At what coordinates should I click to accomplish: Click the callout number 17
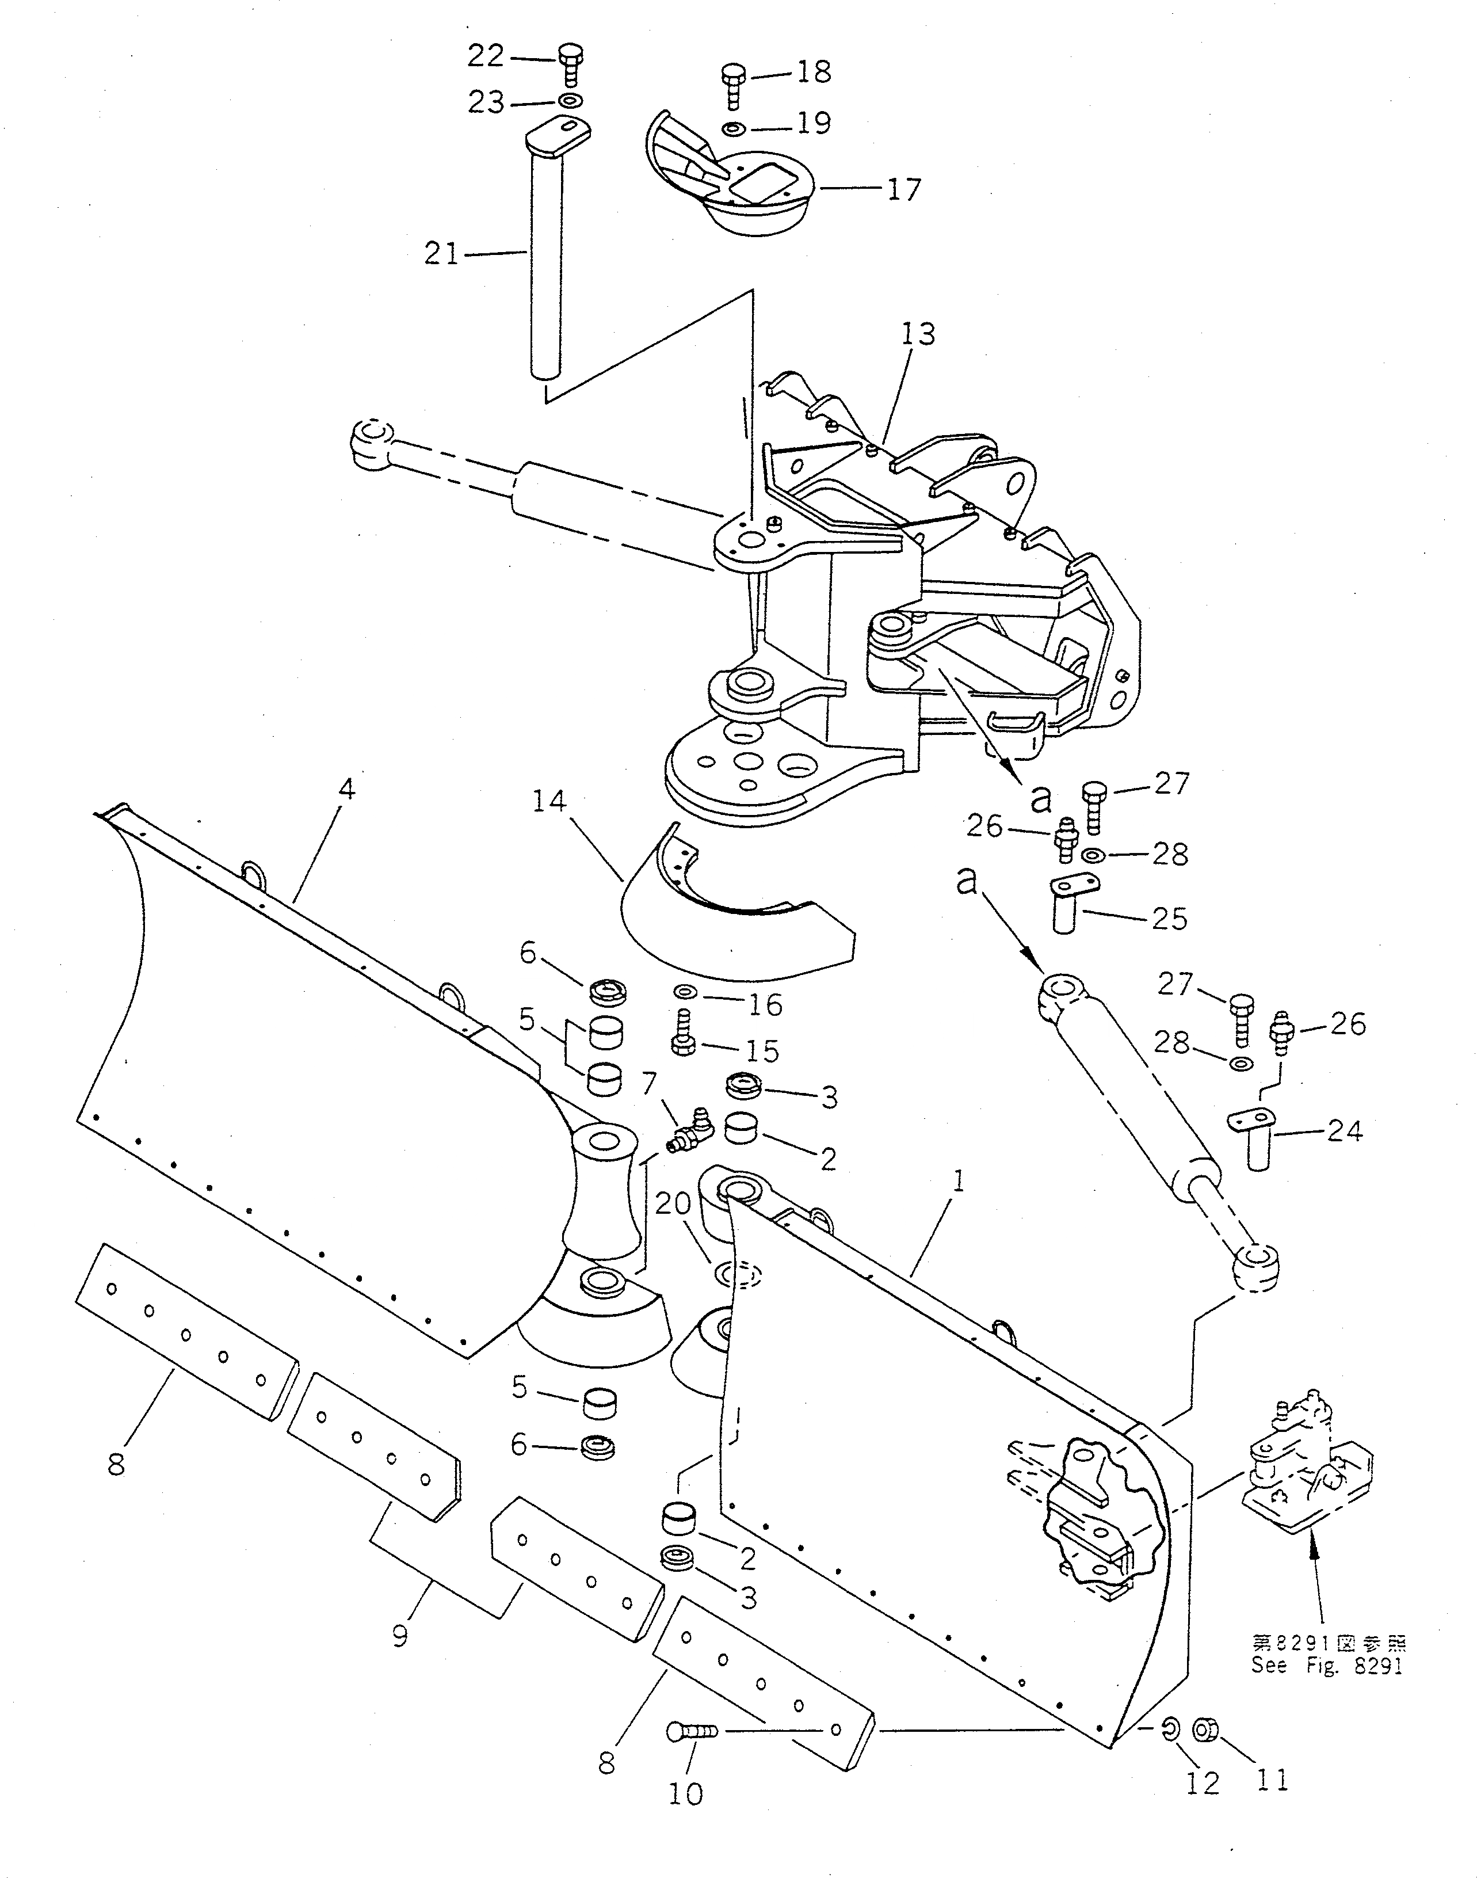[904, 189]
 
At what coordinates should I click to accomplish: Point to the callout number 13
[918, 334]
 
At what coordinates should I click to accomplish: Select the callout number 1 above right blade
[957, 1182]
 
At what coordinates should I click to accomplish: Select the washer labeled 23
[568, 101]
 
